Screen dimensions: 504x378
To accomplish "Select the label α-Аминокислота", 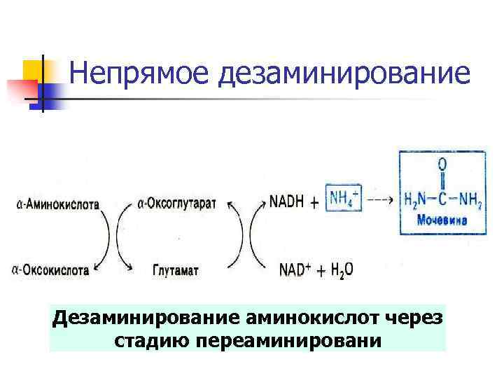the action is click(x=56, y=204).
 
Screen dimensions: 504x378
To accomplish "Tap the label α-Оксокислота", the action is click(x=50, y=269).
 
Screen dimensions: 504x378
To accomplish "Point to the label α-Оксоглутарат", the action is click(x=177, y=204).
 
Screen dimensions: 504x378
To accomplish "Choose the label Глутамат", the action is click(x=175, y=269).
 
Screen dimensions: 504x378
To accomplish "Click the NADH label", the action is click(x=287, y=202).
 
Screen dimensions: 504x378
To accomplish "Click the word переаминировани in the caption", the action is click(x=289, y=341).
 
